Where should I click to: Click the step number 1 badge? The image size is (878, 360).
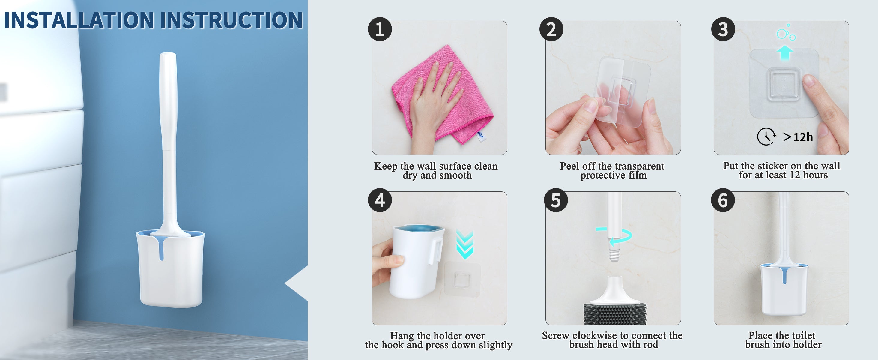(x=380, y=29)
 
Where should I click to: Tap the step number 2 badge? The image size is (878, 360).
(x=551, y=29)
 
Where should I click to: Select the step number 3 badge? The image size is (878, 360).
(x=723, y=29)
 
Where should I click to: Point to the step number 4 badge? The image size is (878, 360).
(x=380, y=200)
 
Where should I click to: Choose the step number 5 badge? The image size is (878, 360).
(x=556, y=200)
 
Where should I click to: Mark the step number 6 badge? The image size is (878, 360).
(x=723, y=200)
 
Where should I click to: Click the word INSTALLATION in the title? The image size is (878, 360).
(x=79, y=20)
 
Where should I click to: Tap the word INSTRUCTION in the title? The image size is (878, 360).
(x=231, y=20)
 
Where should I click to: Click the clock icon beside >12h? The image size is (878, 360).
(x=766, y=137)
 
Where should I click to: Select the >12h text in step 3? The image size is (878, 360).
(x=798, y=137)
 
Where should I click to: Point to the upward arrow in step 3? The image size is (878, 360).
(x=785, y=53)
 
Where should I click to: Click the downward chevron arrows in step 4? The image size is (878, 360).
(x=465, y=245)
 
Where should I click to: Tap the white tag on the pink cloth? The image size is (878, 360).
(x=481, y=135)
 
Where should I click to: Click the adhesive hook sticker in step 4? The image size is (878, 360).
(x=462, y=279)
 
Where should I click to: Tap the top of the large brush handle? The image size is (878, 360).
(x=168, y=55)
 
